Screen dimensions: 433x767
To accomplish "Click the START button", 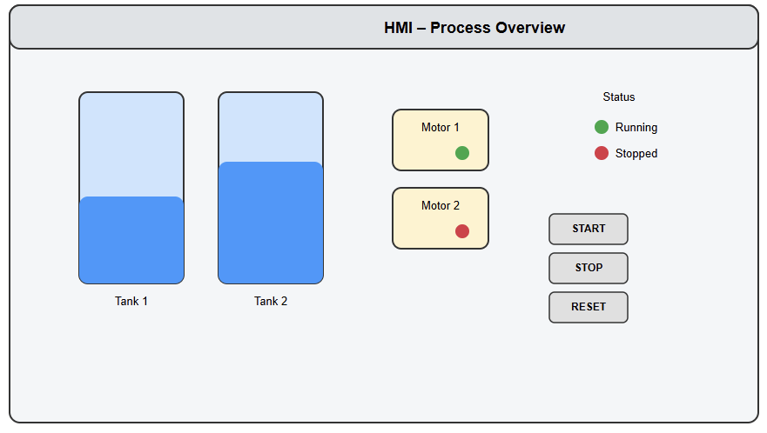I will click(589, 229).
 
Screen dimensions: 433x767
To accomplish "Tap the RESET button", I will click(589, 307).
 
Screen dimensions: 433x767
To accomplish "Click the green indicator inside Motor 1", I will click(462, 153).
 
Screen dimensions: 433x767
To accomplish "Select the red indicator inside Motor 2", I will click(462, 231).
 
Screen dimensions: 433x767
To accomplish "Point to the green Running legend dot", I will click(602, 127).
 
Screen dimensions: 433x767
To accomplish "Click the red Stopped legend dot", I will click(602, 153).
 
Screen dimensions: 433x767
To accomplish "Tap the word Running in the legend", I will click(636, 127).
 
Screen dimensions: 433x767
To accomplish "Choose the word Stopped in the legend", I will click(636, 153).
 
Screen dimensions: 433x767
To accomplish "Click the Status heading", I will click(619, 97).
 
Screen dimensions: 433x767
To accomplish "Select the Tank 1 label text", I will click(131, 301).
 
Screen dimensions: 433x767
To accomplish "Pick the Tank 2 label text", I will click(271, 301).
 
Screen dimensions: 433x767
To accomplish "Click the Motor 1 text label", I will click(441, 128).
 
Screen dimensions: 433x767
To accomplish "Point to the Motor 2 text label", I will click(441, 206).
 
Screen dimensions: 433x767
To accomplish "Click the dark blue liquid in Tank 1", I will click(131, 240).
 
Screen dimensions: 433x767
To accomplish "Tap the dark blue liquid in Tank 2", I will click(271, 223).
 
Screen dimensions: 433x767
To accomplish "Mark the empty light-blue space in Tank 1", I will click(131, 144).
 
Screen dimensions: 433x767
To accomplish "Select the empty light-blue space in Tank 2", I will click(271, 127).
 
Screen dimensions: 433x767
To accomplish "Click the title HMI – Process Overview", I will click(474, 28).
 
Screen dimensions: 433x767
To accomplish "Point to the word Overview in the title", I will click(530, 28).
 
